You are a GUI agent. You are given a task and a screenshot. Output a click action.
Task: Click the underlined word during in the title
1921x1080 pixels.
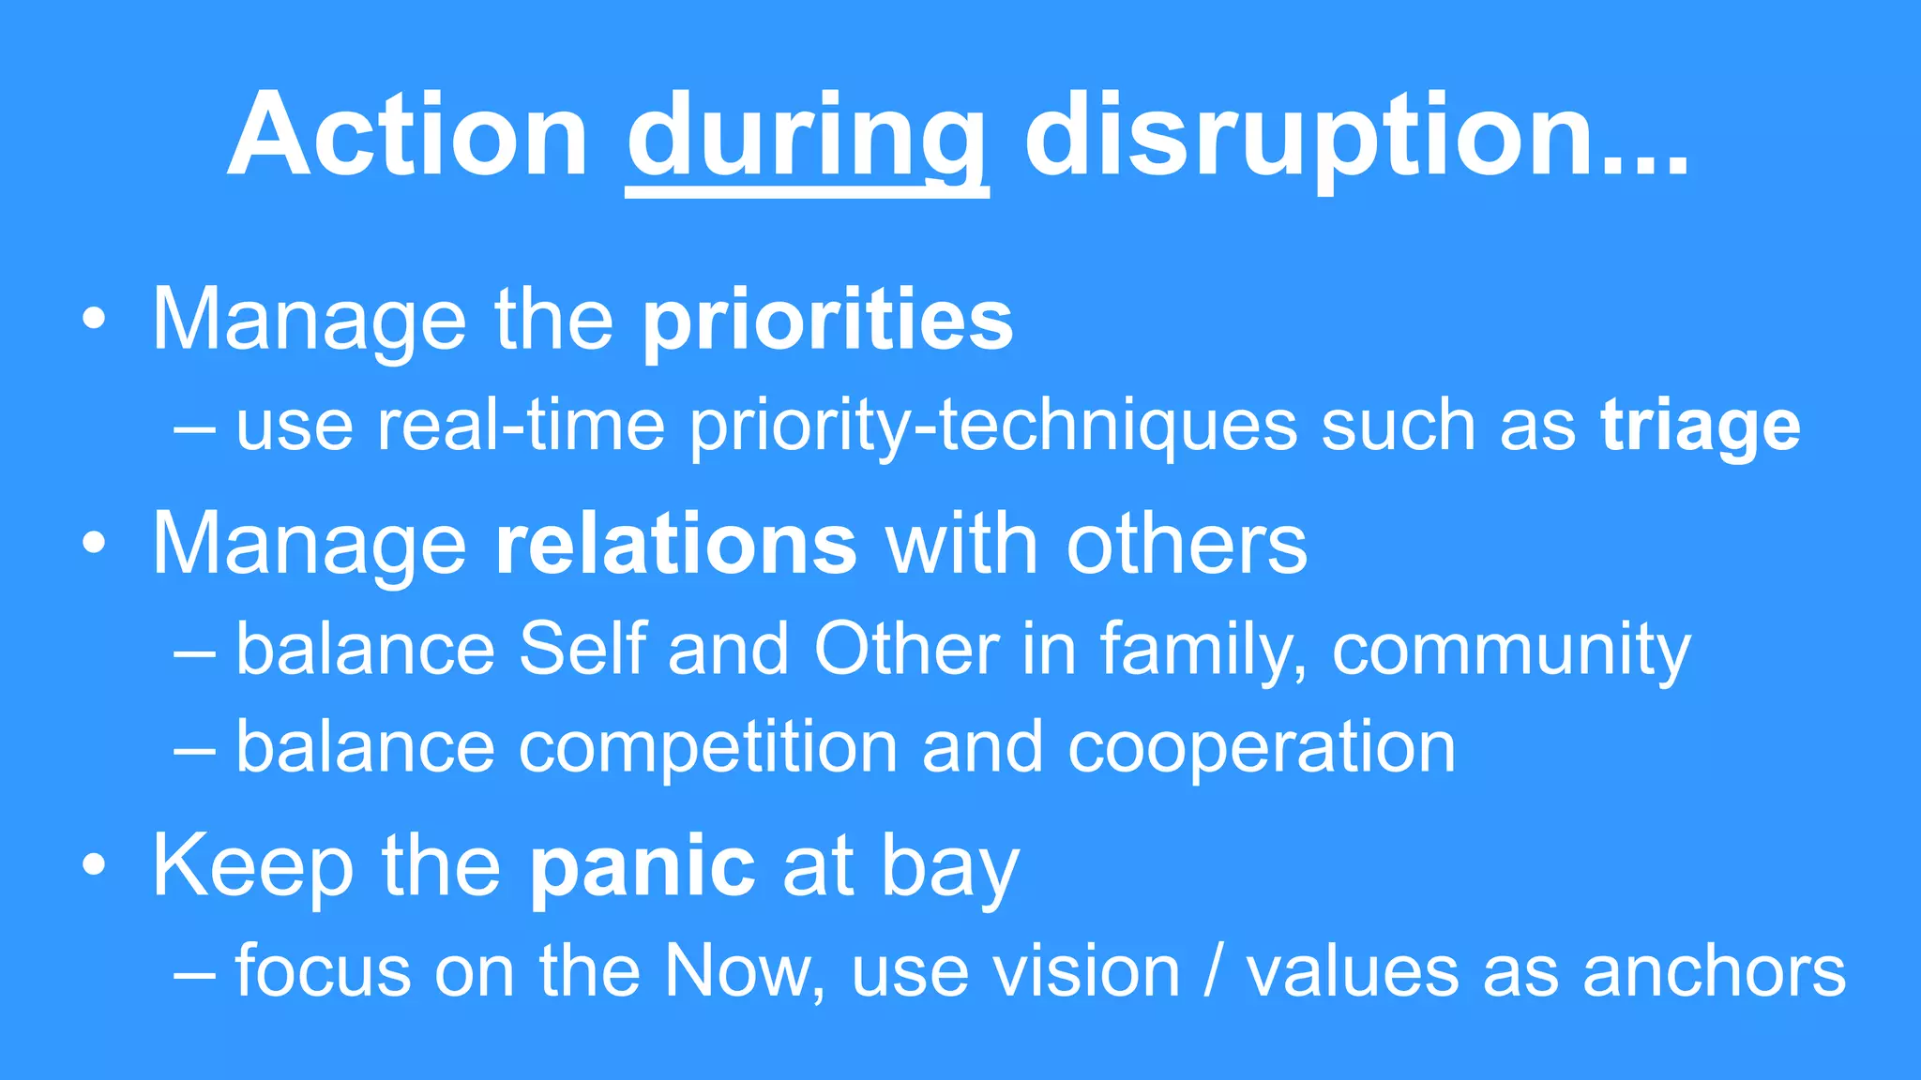tap(807, 136)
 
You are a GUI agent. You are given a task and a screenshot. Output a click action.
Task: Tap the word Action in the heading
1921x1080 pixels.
tap(407, 136)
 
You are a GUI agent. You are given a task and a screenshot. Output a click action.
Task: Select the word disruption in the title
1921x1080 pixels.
tap(1309, 136)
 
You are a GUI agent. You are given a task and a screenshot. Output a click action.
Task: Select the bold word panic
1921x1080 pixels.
tap(643, 866)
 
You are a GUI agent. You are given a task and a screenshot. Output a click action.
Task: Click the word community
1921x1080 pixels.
tap(1510, 650)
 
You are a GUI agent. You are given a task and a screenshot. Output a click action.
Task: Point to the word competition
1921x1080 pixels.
tap(707, 747)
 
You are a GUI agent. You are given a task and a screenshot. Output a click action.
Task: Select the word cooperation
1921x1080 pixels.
tap(1261, 747)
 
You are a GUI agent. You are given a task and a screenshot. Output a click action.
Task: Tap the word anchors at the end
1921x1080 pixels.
tap(1714, 971)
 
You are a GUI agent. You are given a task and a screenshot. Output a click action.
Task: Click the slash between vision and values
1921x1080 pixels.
tap(1213, 971)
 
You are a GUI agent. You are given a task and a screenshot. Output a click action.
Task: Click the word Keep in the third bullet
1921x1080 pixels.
tap(252, 866)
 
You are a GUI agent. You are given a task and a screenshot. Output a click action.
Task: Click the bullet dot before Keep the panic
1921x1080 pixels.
tap(94, 866)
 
